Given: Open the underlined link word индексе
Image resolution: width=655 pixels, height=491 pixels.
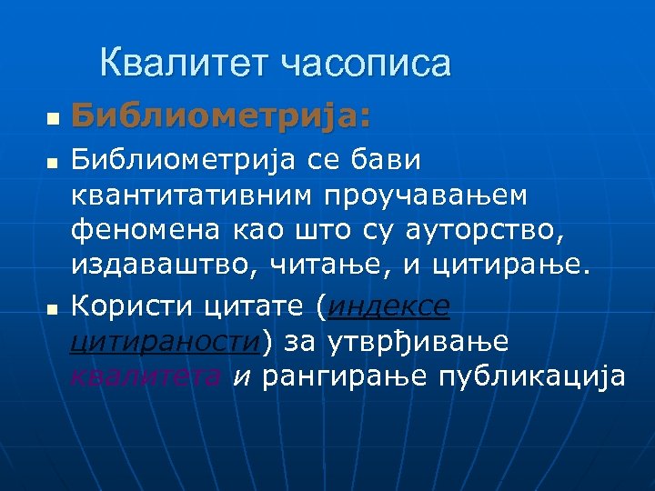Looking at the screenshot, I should coord(388,307).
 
